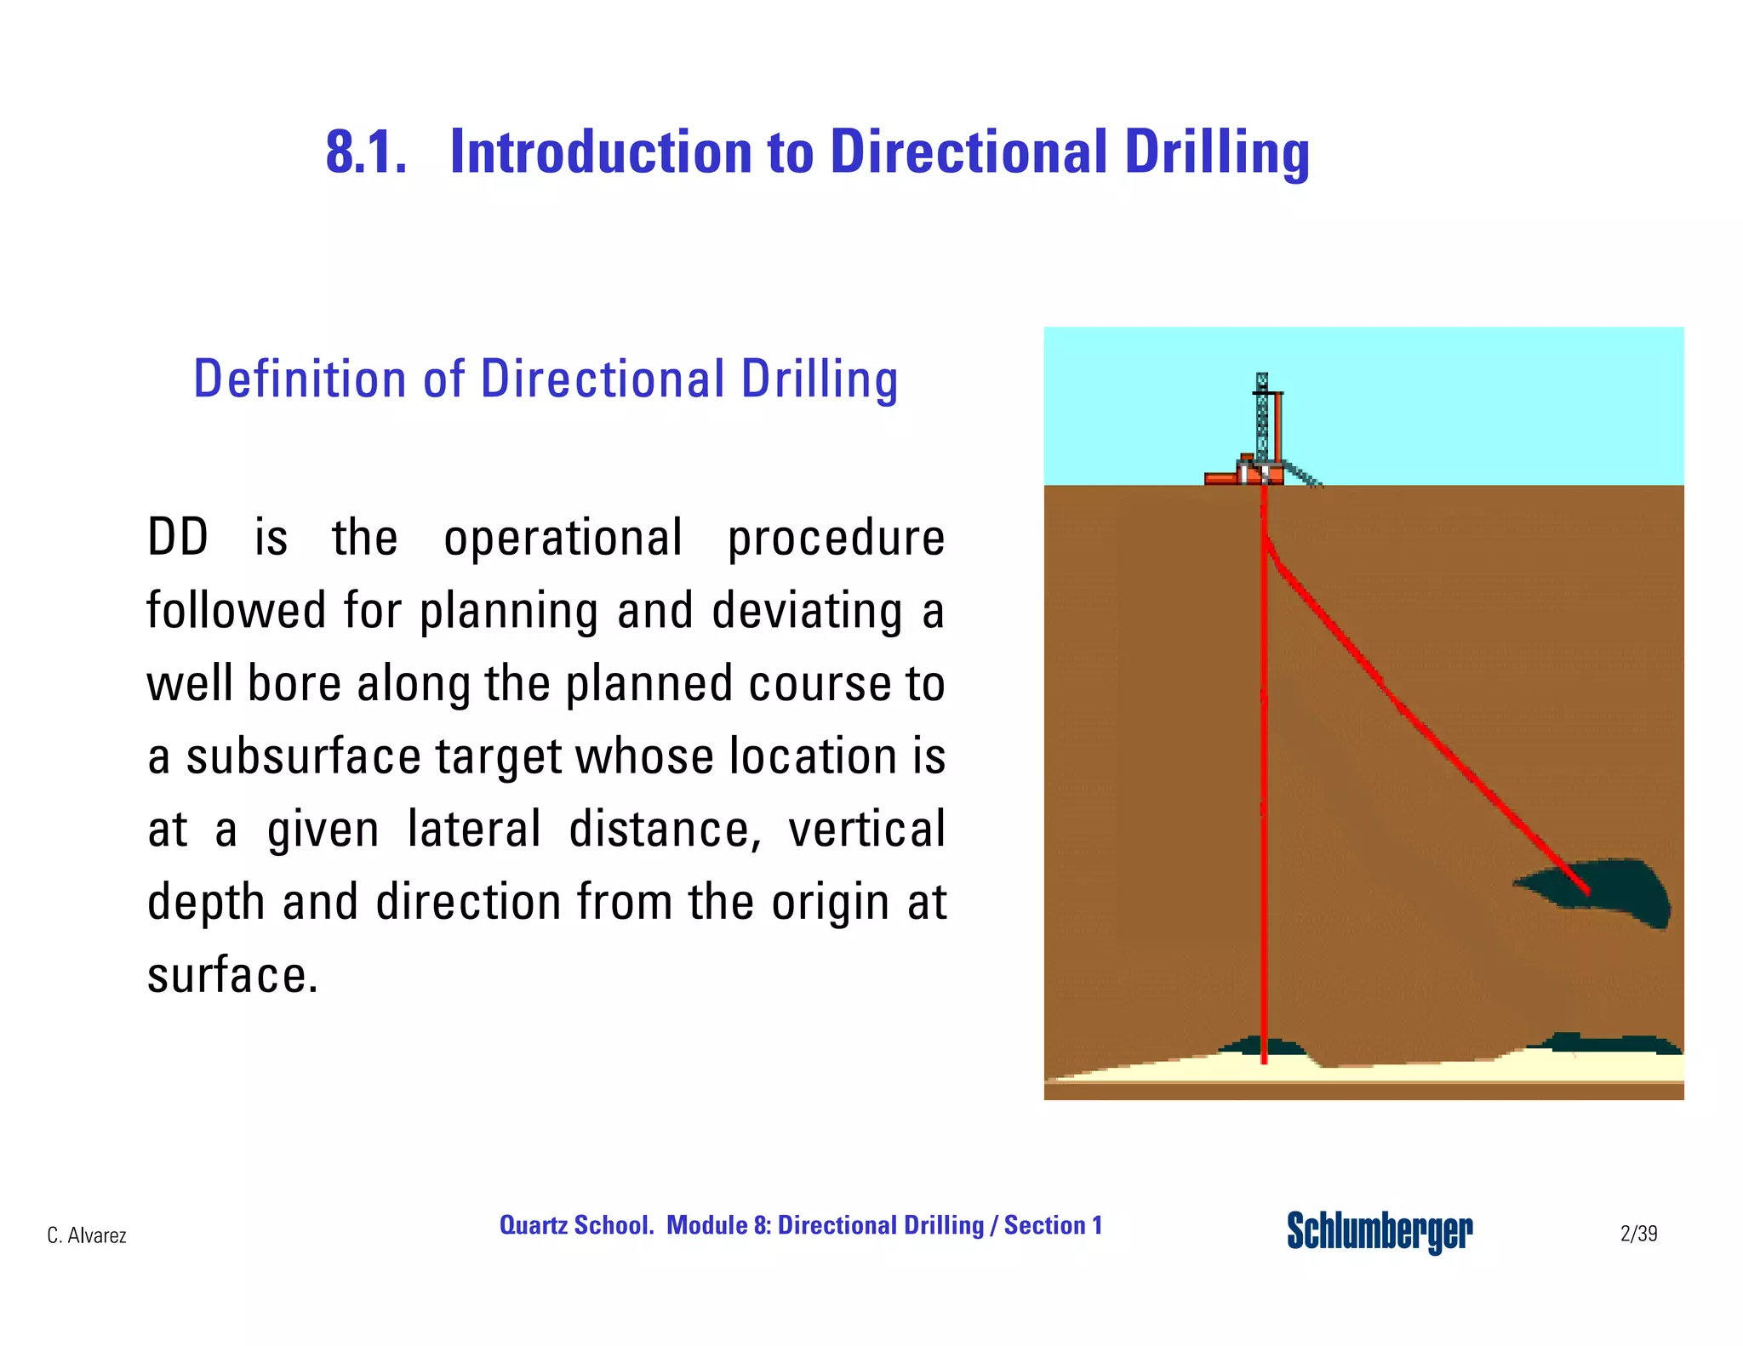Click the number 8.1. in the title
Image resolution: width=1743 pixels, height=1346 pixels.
tap(366, 153)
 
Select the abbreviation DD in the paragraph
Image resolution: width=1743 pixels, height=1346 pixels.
tap(178, 538)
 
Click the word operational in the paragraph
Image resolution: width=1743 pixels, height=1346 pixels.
tap(563, 539)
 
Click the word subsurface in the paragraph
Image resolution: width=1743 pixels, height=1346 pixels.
tap(303, 756)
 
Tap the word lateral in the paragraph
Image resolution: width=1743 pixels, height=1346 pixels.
tap(473, 829)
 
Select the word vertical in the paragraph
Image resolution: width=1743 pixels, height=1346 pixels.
tap(866, 829)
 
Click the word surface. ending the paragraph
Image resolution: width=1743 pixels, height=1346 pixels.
tap(231, 975)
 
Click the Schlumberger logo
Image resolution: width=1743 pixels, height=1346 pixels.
tap(1380, 1231)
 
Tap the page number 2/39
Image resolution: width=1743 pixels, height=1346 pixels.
tap(1638, 1234)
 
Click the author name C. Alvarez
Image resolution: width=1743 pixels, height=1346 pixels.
tap(87, 1235)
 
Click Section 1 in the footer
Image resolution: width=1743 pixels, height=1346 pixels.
tap(1053, 1225)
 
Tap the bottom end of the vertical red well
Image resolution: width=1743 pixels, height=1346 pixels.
tap(1264, 1058)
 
